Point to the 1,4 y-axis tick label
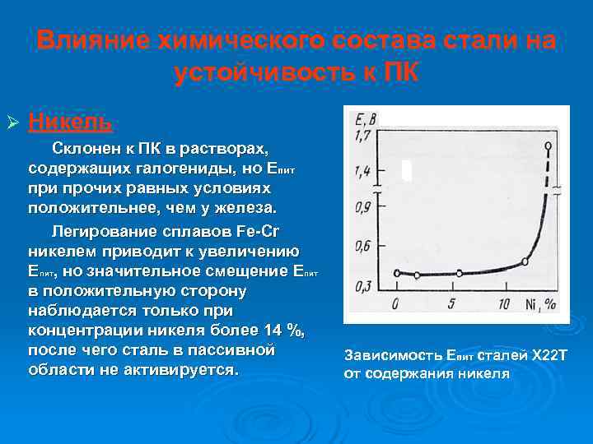coord(362,172)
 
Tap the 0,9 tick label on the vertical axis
coord(362,209)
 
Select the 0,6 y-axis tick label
coord(362,246)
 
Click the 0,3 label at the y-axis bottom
coord(362,284)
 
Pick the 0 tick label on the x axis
coord(396,303)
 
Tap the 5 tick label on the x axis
coord(451,303)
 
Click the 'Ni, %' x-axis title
coord(540,303)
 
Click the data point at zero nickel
coord(397,273)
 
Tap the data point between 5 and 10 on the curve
coord(459,273)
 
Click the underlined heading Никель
coord(70,122)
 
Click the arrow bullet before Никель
coord(12,123)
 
